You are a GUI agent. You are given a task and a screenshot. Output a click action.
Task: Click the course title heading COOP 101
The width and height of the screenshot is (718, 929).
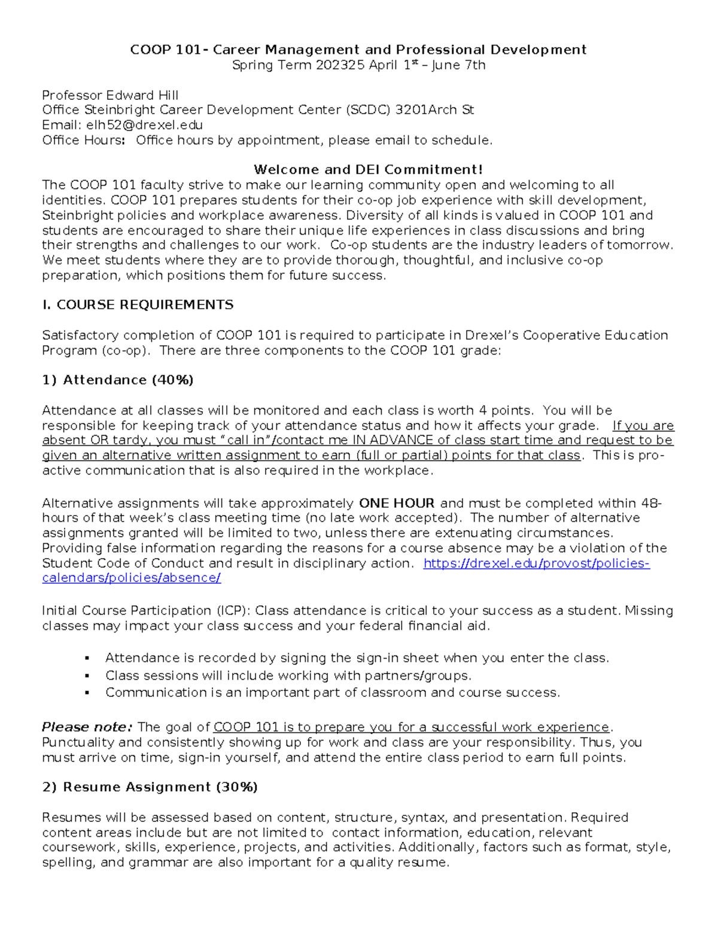(358, 50)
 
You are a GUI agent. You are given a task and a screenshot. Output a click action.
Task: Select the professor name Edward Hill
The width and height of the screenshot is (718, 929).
(142, 95)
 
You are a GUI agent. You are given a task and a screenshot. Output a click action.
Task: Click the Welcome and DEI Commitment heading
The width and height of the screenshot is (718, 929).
(368, 170)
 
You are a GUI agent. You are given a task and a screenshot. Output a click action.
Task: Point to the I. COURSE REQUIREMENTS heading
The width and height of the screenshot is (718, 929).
(138, 305)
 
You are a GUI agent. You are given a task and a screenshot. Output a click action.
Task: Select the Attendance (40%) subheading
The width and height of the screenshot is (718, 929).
(118, 380)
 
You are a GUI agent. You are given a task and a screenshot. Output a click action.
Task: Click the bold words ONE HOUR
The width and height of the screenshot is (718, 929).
(397, 503)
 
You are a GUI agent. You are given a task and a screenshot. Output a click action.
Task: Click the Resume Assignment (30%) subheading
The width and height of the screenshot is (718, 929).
(150, 787)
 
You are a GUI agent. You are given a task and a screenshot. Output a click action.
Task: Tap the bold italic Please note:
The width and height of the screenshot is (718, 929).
(87, 727)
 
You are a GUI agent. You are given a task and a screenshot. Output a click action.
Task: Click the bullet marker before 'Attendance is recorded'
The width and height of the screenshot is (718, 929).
(87, 659)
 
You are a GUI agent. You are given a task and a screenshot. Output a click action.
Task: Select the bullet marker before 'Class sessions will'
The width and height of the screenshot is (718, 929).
(87, 676)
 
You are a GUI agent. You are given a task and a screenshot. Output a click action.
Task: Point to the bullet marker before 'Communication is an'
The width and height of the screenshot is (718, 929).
(87, 693)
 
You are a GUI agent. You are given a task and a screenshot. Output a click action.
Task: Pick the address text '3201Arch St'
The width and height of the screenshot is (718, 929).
(434, 110)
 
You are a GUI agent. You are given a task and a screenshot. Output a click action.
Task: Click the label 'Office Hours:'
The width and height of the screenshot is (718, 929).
(84, 141)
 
